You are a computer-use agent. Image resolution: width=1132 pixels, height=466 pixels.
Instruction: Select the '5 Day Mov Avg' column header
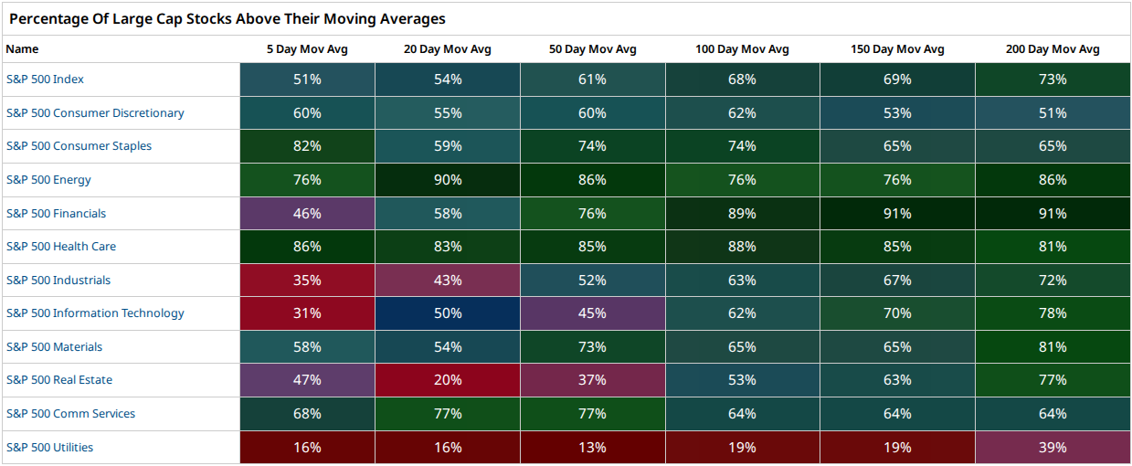[x=307, y=49]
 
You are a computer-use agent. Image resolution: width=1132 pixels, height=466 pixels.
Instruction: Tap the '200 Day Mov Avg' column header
[x=1053, y=49]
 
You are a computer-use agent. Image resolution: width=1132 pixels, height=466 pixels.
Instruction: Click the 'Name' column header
[x=22, y=49]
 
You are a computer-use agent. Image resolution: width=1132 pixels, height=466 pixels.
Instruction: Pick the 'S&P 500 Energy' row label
[x=48, y=179]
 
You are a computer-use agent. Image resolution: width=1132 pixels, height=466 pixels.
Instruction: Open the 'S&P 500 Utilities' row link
[x=49, y=448]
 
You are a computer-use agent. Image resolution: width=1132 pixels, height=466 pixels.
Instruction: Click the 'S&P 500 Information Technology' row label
[x=95, y=313]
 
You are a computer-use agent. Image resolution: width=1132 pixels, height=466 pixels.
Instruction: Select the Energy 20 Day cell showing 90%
[x=448, y=180]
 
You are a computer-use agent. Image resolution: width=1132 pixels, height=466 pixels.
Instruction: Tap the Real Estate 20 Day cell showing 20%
[x=448, y=380]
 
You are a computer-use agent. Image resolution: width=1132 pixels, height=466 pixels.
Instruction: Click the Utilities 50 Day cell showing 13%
[x=593, y=448]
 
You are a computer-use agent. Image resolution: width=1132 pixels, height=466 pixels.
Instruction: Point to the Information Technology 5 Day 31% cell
[x=307, y=313]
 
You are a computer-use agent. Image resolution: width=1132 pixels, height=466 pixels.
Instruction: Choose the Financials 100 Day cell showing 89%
[x=743, y=213]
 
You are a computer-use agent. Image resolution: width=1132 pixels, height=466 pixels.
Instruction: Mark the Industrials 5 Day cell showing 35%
[x=307, y=280]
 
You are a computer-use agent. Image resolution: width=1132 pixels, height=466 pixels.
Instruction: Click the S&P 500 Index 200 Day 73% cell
[x=1053, y=79]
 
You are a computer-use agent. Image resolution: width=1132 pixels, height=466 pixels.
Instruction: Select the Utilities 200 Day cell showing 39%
[x=1053, y=448]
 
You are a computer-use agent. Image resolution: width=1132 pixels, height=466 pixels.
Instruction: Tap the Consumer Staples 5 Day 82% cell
[x=307, y=146]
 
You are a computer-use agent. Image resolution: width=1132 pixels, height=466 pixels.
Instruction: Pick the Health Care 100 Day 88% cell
[x=743, y=247]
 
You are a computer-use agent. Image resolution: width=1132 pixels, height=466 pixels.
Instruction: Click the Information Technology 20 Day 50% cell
[x=448, y=313]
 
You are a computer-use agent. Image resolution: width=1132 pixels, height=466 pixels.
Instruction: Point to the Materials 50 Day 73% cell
[x=593, y=346]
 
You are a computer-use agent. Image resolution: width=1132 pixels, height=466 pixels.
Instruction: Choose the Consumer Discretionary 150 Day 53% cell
[x=897, y=112]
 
